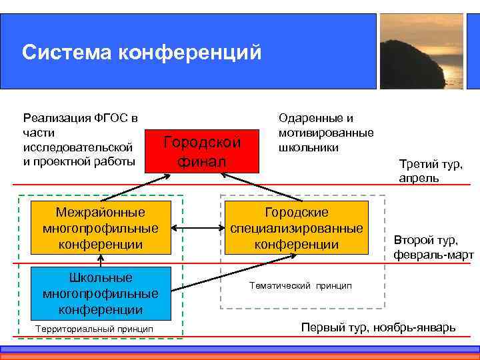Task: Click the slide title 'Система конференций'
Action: click(141, 52)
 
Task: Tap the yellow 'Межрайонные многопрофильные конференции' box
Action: click(99, 228)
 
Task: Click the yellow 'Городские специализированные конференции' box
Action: click(296, 228)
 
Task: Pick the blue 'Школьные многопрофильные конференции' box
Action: click(99, 293)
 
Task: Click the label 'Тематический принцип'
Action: click(300, 285)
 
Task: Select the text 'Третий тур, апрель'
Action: click(430, 171)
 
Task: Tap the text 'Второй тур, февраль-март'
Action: click(433, 247)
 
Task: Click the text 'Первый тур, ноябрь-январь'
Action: click(378, 327)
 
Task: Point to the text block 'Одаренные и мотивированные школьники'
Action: click(326, 132)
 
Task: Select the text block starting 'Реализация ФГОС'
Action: click(80, 139)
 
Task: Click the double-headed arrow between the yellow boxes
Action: click(197, 228)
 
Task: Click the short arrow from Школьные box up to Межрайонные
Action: click(99, 261)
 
